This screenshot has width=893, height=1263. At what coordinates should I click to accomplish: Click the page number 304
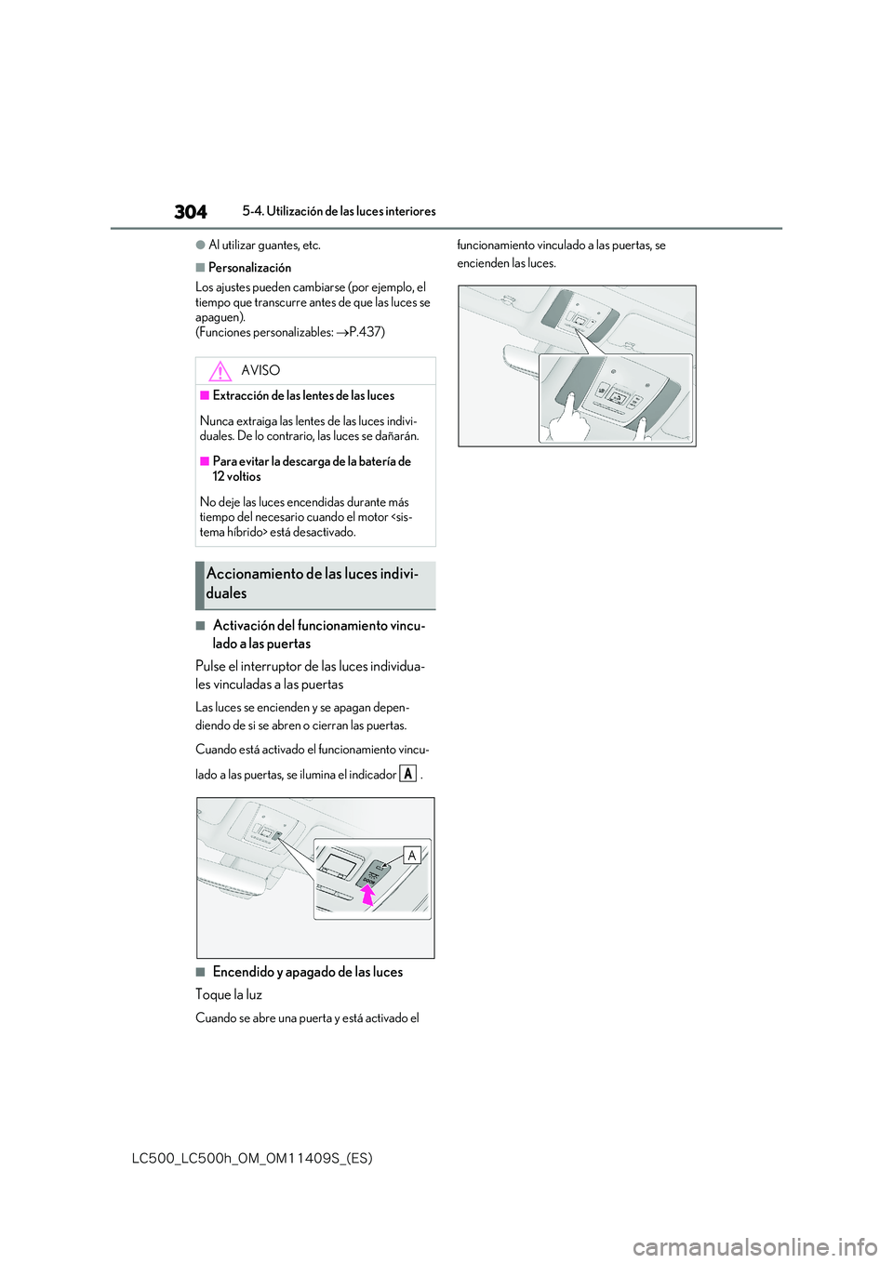[x=190, y=212]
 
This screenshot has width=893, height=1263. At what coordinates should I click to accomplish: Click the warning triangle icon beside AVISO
[x=220, y=371]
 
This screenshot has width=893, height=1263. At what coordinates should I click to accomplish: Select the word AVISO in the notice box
[x=260, y=371]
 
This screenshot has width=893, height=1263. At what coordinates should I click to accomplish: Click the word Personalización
[x=249, y=268]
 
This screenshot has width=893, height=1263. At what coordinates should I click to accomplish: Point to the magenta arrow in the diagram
[x=367, y=895]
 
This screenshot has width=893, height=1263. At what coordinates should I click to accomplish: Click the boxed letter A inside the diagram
[x=412, y=855]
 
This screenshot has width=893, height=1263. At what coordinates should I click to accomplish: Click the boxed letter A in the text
[x=407, y=774]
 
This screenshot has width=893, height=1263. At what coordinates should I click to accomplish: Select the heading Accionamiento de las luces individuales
[x=312, y=584]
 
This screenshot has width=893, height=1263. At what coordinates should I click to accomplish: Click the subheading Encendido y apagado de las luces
[x=307, y=972]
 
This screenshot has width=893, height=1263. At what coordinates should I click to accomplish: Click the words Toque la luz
[x=229, y=995]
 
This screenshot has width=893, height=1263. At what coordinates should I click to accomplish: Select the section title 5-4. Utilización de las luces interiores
[x=339, y=212]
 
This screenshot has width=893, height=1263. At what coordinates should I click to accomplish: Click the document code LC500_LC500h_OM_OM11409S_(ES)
[x=252, y=1158]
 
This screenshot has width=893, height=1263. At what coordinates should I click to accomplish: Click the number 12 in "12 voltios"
[x=219, y=477]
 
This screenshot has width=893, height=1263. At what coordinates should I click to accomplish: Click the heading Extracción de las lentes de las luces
[x=303, y=396]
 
